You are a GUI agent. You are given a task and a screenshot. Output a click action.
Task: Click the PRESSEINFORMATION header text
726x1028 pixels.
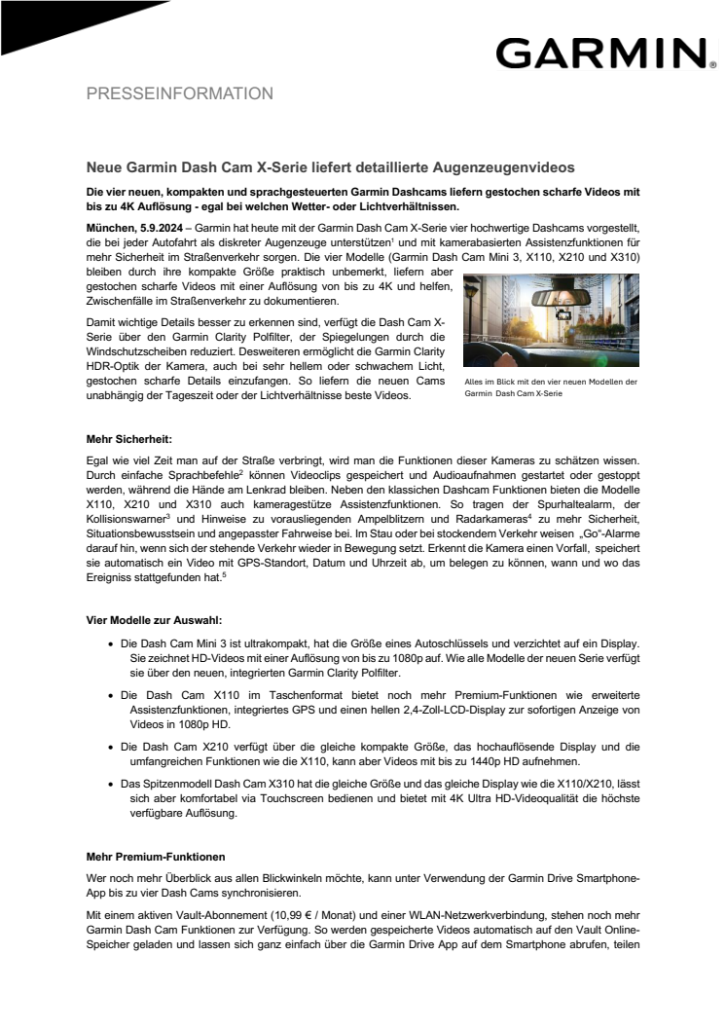point(180,94)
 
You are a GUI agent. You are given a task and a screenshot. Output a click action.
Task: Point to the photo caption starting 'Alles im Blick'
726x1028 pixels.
point(551,387)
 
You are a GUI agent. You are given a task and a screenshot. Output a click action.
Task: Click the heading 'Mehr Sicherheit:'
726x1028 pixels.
point(129,440)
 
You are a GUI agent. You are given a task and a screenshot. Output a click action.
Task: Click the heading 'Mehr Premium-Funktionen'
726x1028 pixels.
point(156,857)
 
